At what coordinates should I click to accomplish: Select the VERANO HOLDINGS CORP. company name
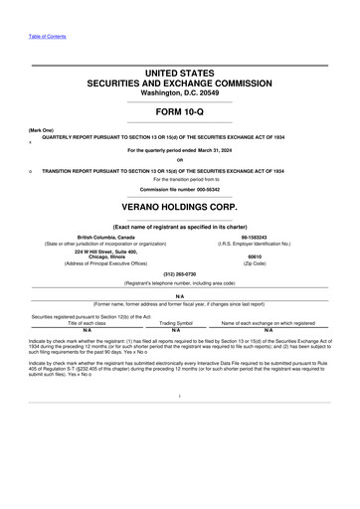(179, 210)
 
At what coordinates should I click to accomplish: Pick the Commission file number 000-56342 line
(179, 188)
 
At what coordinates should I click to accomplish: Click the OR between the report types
(179, 159)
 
